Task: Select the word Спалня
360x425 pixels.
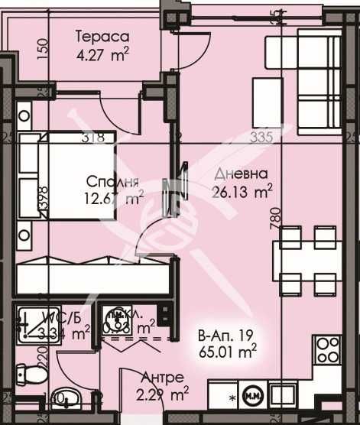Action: point(112,183)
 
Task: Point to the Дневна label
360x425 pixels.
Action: point(237,174)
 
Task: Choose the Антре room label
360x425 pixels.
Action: point(162,378)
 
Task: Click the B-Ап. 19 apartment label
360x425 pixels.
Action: point(224,334)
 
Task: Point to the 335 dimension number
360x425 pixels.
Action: point(261,138)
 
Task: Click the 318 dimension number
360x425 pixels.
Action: point(92,138)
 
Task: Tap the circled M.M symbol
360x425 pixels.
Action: point(252,397)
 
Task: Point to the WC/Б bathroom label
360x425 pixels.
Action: point(54,317)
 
